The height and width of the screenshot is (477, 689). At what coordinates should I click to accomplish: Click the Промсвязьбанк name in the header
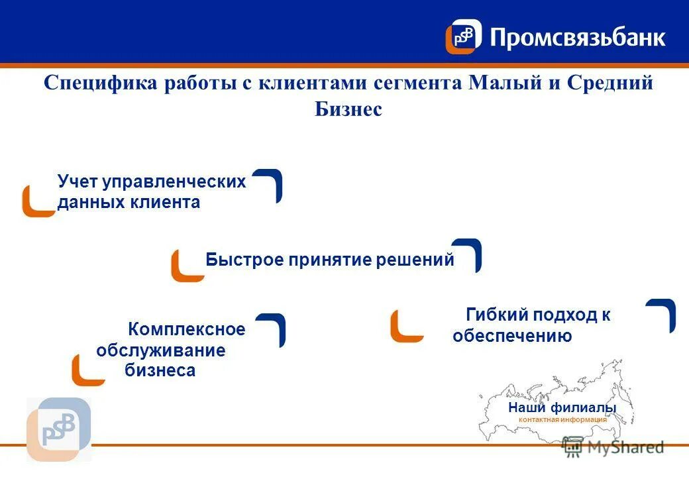point(577,37)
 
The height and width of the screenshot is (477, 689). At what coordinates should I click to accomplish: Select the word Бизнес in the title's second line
point(348,109)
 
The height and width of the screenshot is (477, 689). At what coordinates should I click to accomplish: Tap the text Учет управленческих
point(151,182)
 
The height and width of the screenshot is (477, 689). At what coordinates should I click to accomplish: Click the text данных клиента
point(129,202)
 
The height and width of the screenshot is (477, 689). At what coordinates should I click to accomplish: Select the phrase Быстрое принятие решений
point(330,260)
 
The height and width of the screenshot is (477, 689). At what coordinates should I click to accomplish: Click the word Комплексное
point(186,329)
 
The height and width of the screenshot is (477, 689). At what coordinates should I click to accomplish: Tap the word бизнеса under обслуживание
point(160,370)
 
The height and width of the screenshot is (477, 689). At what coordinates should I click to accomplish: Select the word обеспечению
point(512,336)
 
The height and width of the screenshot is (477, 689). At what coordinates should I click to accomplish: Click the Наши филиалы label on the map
point(562,407)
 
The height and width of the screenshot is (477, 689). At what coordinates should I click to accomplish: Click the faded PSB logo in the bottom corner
point(58,429)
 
